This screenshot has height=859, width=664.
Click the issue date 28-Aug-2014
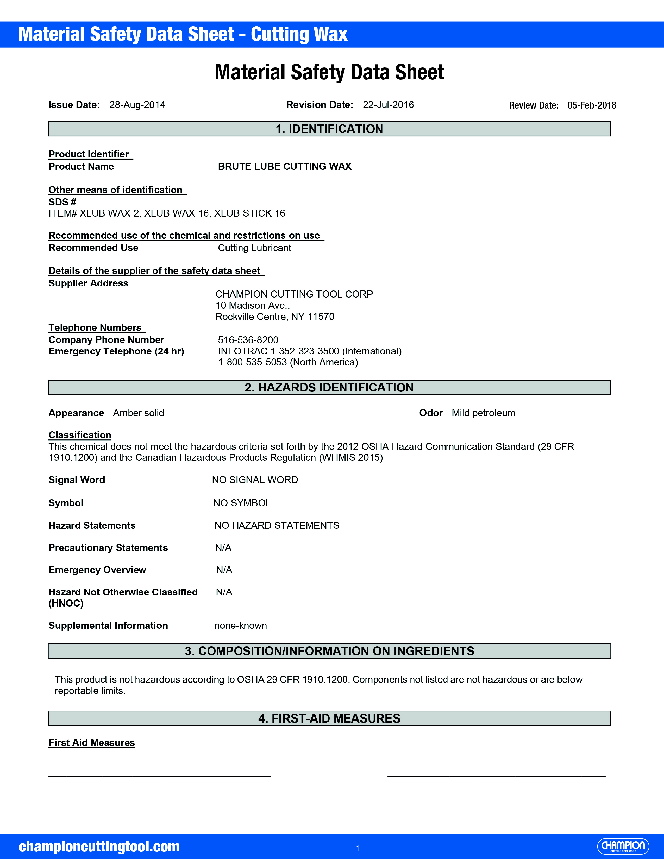137,105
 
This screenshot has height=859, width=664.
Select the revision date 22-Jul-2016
388,105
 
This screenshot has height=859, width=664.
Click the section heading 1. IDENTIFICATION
329,129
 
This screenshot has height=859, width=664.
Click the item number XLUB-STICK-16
249,213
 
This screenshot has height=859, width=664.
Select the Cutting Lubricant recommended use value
254,248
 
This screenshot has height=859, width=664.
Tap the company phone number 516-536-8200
248,340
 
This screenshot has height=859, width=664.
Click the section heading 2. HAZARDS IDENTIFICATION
329,387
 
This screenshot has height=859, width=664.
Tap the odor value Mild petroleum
483,413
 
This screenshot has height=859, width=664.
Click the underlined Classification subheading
80,435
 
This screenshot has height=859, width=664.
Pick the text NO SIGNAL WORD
255,480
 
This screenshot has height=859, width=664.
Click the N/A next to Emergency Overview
224,570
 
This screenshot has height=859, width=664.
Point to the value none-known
240,625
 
